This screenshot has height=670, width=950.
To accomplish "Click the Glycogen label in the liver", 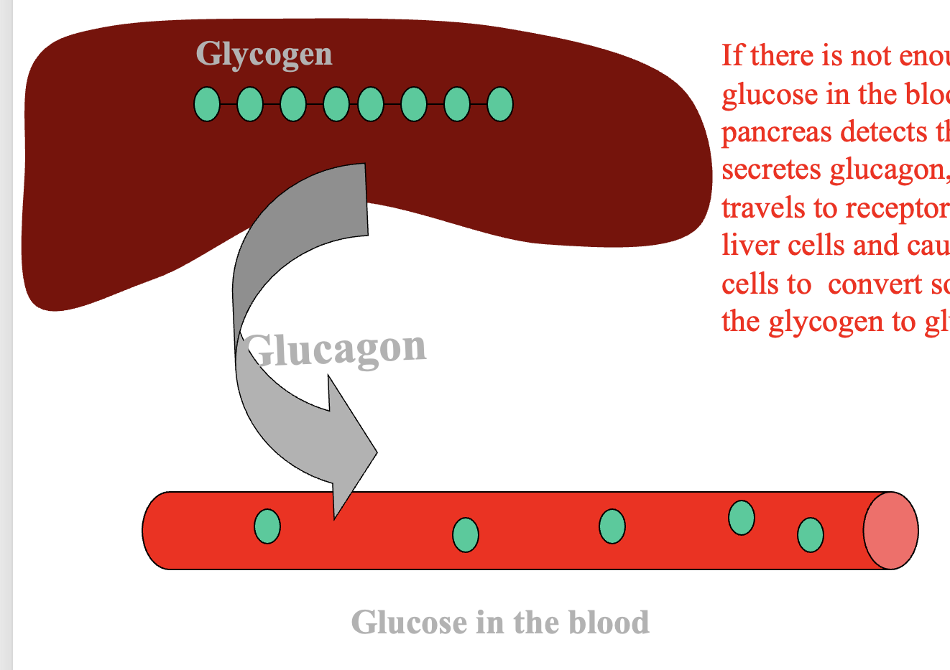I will coord(264,55).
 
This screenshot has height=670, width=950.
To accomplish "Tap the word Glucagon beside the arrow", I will coord(336,349).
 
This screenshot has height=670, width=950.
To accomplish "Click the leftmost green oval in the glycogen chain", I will coord(207,104).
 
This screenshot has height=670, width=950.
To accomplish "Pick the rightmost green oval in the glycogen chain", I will coord(500,104).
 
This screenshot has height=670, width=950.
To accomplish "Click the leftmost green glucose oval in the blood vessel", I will coord(267,526).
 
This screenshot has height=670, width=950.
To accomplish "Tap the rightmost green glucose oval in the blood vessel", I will coord(811,535).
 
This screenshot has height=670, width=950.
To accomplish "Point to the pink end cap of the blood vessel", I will coord(890,531).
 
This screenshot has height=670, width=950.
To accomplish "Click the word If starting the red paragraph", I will coord(732,56).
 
